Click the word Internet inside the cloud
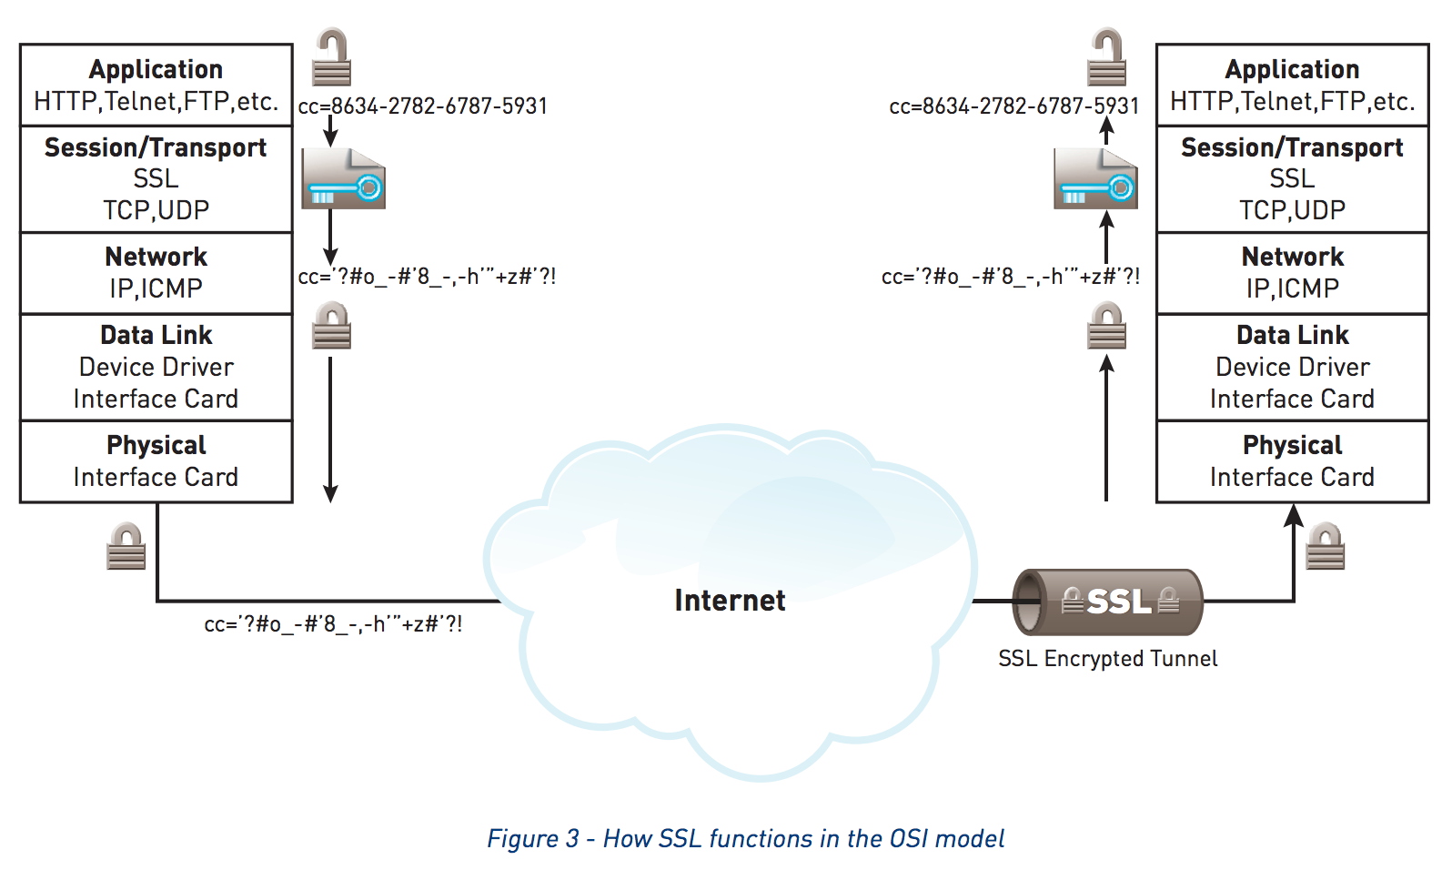[730, 601]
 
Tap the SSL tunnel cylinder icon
[1107, 602]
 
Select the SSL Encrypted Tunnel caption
[1107, 659]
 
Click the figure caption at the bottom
[745, 838]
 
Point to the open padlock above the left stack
[331, 58]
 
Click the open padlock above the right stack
[1106, 58]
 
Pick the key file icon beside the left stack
[343, 179]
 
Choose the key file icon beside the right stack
[1095, 179]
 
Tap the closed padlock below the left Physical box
[126, 547]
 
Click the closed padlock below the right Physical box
[1325, 547]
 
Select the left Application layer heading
[156, 69]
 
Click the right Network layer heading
[1292, 257]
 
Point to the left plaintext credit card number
[423, 106]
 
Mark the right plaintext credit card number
[1013, 106]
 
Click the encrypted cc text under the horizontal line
[333, 624]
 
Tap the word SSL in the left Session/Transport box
[156, 178]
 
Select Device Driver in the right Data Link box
[1292, 367]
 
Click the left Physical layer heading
[156, 445]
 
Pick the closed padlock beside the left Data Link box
[331, 327]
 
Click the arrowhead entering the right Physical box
[1293, 515]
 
